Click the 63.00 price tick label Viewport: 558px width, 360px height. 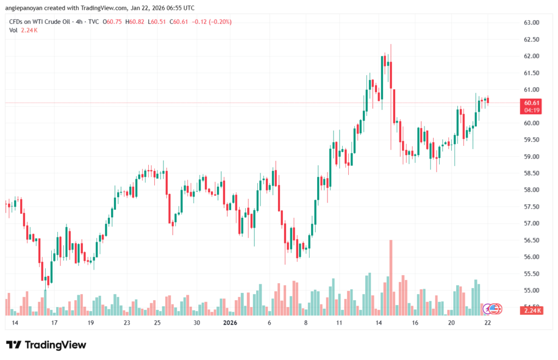531,23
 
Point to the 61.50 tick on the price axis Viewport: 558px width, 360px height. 531,73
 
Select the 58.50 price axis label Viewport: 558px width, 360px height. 531,173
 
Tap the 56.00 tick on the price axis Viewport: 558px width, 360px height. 531,257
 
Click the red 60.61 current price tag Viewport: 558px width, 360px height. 532,103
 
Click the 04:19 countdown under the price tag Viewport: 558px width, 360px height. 532,110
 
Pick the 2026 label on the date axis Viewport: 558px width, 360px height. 231,323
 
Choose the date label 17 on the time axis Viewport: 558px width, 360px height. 54,323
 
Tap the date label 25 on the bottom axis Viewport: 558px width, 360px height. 157,323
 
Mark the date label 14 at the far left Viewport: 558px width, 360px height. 15,323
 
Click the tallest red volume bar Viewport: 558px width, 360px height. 391,277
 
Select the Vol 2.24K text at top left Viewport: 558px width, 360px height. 23,30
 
